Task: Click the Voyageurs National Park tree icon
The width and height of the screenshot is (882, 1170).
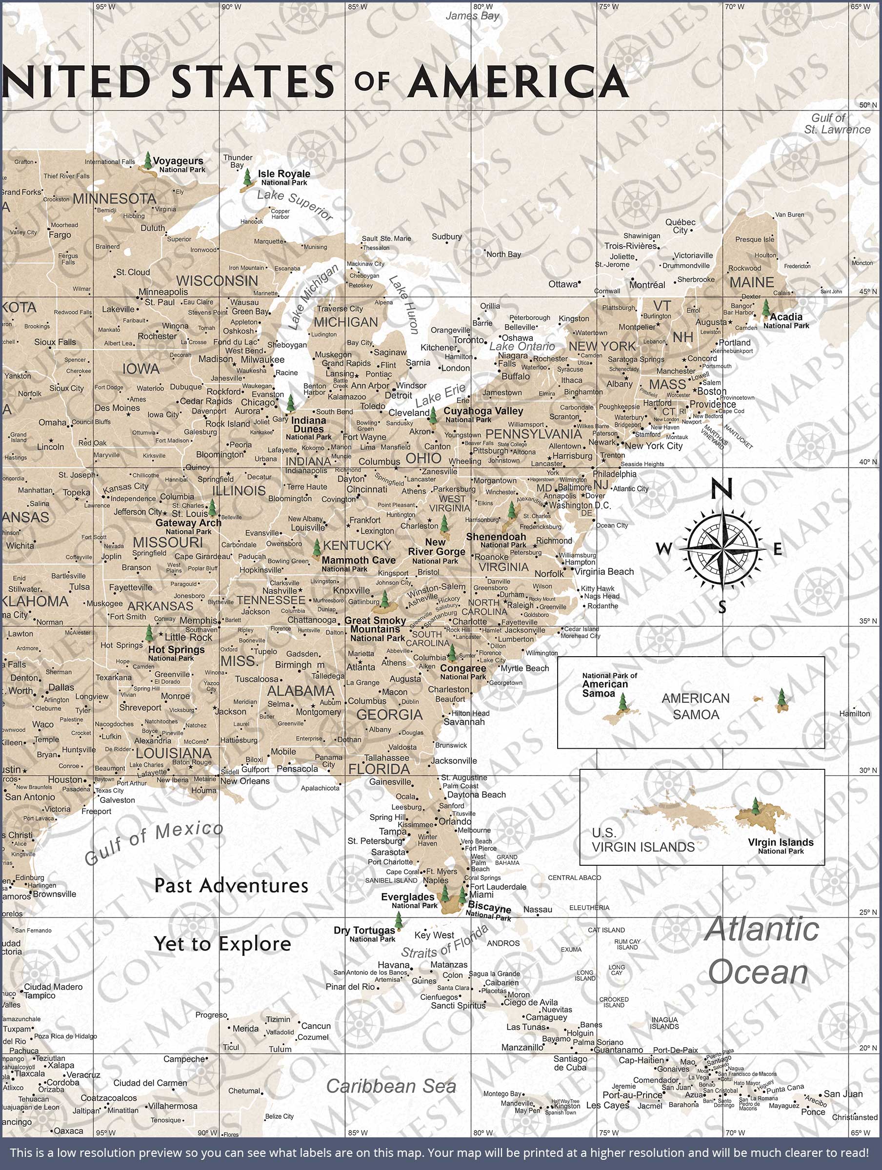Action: [x=148, y=161]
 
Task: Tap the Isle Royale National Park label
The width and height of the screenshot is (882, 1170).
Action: [x=284, y=177]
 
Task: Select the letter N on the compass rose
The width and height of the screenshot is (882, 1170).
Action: [x=721, y=489]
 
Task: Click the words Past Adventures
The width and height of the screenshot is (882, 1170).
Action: [x=231, y=885]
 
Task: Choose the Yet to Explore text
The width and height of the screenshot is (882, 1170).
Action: [x=222, y=944]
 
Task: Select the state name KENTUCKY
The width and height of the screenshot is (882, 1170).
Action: [x=357, y=546]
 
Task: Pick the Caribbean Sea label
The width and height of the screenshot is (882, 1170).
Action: [x=391, y=1086]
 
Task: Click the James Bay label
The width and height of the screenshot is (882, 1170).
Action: [x=472, y=16]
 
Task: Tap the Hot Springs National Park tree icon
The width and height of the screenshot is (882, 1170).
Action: [x=150, y=634]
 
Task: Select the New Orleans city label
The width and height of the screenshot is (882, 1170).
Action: [x=245, y=781]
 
